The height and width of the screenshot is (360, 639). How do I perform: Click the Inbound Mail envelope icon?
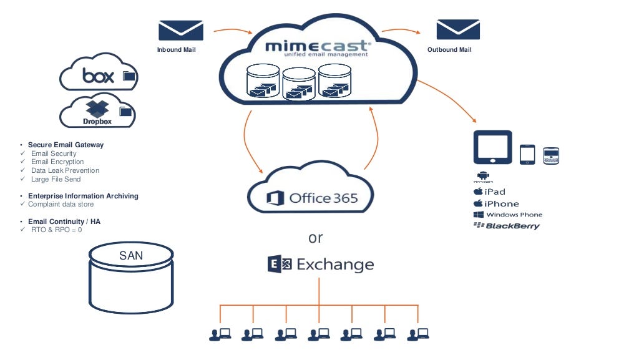coord(180,30)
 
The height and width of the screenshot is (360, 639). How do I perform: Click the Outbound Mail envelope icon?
coord(457,30)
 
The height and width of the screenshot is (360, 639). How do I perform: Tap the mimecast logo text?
coord(318,47)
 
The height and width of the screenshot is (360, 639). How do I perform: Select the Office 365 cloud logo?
coord(312,198)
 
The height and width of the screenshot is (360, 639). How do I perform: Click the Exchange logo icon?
coord(280,265)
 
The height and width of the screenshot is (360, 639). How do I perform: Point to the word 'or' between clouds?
coord(316,238)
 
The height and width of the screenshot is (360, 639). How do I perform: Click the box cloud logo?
coord(99,75)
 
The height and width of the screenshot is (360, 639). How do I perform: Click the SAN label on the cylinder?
coord(131,255)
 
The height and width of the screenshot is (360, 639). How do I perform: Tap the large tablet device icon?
coord(493,148)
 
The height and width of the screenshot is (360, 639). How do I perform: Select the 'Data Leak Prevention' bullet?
coord(65,170)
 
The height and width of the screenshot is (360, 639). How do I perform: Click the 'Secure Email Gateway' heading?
coord(66,145)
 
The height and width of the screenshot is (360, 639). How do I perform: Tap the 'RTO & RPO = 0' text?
coord(56,230)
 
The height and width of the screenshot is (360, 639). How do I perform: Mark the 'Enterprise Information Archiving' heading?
coord(83,196)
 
